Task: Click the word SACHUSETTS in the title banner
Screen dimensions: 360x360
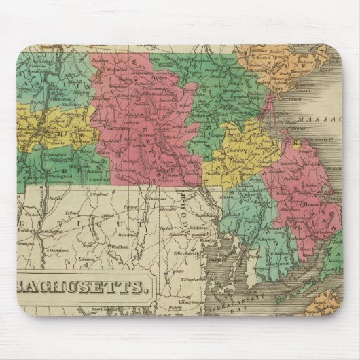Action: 81,286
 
